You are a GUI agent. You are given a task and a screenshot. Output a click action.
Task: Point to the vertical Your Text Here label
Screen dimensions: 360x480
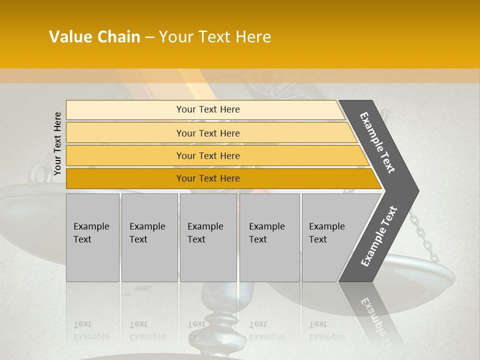tap(57, 143)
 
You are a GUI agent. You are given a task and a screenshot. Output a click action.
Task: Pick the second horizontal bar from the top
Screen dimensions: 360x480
tap(207, 133)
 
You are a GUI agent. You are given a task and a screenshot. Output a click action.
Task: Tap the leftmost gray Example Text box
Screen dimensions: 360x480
tap(92, 237)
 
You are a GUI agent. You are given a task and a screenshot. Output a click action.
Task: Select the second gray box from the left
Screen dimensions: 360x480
tap(149, 237)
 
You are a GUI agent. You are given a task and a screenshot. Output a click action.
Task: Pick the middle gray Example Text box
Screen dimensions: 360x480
tap(208, 237)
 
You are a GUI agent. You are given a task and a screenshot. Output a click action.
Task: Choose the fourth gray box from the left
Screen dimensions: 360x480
tap(269, 237)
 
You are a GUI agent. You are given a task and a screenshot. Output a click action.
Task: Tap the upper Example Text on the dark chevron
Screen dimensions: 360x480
tap(377, 142)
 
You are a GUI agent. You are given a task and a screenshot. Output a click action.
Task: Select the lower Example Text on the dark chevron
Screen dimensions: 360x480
tap(379, 236)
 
